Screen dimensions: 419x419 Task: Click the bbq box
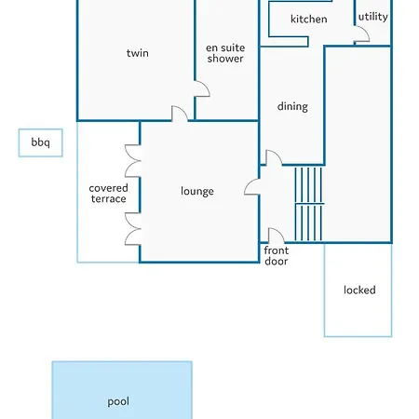pyautogui.click(x=40, y=142)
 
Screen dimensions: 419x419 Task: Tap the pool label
pyautogui.click(x=118, y=402)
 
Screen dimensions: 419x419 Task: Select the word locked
pyautogui.click(x=359, y=290)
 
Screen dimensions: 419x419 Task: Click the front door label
pyautogui.click(x=277, y=256)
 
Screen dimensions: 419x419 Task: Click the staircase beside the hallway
pyautogui.click(x=308, y=204)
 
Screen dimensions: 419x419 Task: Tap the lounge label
pyautogui.click(x=197, y=191)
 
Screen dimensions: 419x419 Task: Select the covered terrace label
pyautogui.click(x=108, y=194)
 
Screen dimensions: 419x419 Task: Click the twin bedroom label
pyautogui.click(x=138, y=53)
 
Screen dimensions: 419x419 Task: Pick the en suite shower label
pyautogui.click(x=225, y=53)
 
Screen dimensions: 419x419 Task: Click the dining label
pyautogui.click(x=292, y=106)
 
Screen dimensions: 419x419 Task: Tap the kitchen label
pyautogui.click(x=309, y=19)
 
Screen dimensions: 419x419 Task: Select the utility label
pyautogui.click(x=373, y=17)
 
